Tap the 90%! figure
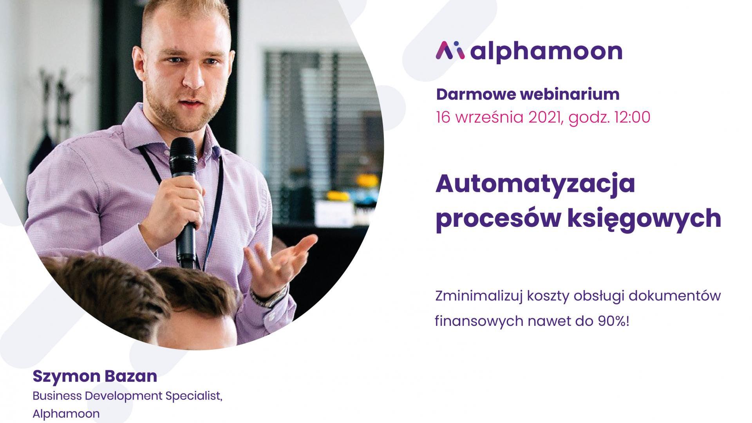[613, 321]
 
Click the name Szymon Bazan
[95, 376]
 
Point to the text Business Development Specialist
[128, 396]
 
